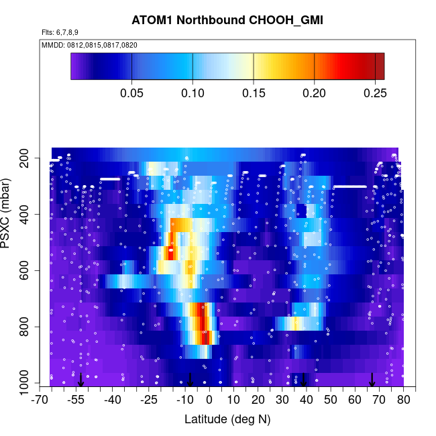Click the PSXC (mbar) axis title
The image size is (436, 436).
click(9, 213)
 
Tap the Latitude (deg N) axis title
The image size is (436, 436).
click(227, 419)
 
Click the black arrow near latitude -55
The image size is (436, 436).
click(80, 380)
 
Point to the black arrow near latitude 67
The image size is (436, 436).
click(372, 380)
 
